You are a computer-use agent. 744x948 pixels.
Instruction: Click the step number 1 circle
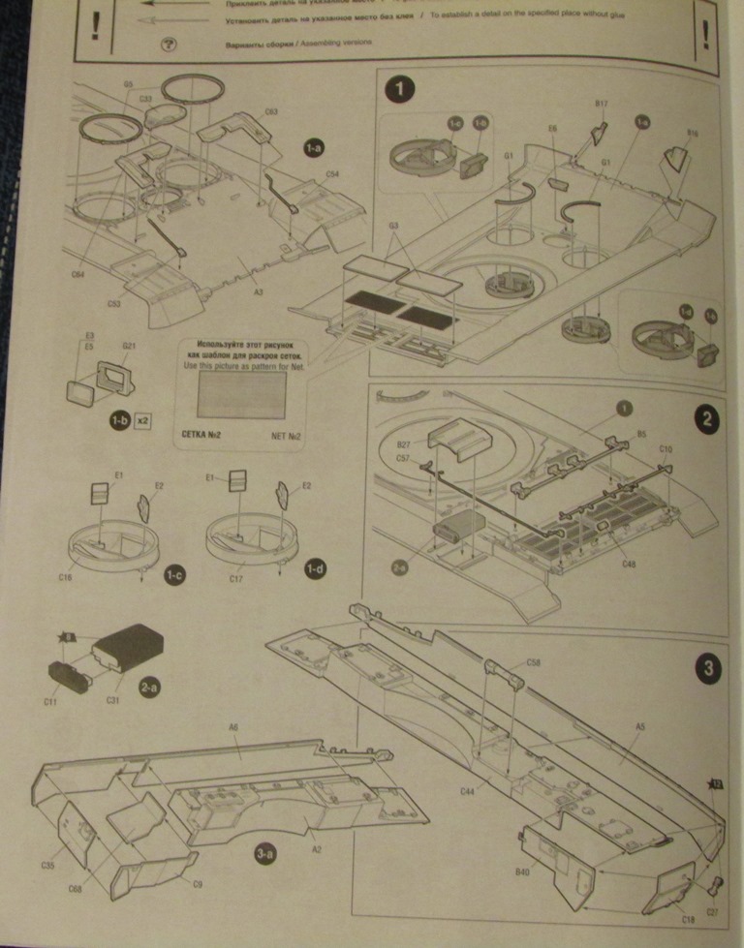click(400, 91)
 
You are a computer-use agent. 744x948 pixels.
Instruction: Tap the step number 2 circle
click(707, 420)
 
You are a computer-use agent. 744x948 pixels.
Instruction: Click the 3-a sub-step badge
click(267, 854)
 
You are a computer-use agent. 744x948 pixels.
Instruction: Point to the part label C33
click(146, 98)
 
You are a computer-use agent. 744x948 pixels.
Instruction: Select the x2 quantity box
click(142, 421)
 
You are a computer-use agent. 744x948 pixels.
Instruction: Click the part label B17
click(600, 103)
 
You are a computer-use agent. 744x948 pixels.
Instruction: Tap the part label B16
click(692, 132)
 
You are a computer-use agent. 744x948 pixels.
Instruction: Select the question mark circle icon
click(170, 45)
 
